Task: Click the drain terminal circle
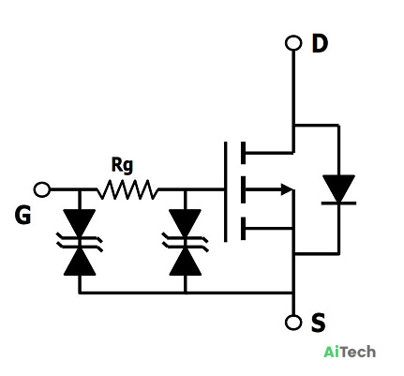click(293, 43)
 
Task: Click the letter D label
click(320, 43)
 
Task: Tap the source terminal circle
click(293, 322)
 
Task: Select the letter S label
click(318, 323)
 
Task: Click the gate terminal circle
click(42, 189)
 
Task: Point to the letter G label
click(22, 215)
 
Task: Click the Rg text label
click(122, 165)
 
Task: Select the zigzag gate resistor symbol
click(127, 189)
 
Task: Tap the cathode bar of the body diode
click(338, 203)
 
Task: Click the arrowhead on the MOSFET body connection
click(287, 189)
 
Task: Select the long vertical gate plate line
click(225, 191)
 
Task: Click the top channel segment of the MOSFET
click(243, 153)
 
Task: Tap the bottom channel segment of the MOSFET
click(243, 229)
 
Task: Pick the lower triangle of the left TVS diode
click(80, 262)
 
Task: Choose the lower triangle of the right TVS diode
click(185, 262)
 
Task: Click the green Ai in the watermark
click(331, 352)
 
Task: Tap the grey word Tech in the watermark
click(357, 352)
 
